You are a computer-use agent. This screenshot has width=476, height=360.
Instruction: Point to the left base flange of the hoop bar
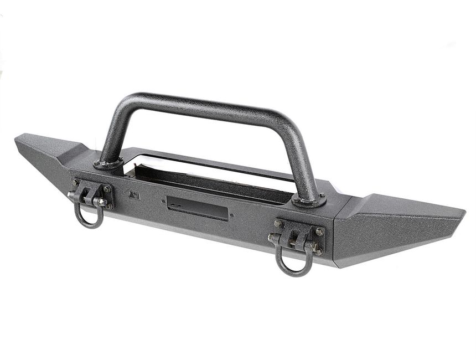click(x=108, y=163)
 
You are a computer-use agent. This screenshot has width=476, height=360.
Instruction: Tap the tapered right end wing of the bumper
click(x=404, y=222)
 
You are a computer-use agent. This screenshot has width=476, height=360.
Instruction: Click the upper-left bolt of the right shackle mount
click(x=277, y=223)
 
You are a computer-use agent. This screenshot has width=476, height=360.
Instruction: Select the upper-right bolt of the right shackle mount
click(x=319, y=232)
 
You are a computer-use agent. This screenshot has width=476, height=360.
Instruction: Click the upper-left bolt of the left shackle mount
click(x=75, y=182)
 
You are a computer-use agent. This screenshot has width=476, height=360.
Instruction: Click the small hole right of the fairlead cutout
click(x=232, y=215)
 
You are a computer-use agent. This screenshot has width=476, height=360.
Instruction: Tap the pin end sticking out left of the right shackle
click(x=271, y=238)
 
